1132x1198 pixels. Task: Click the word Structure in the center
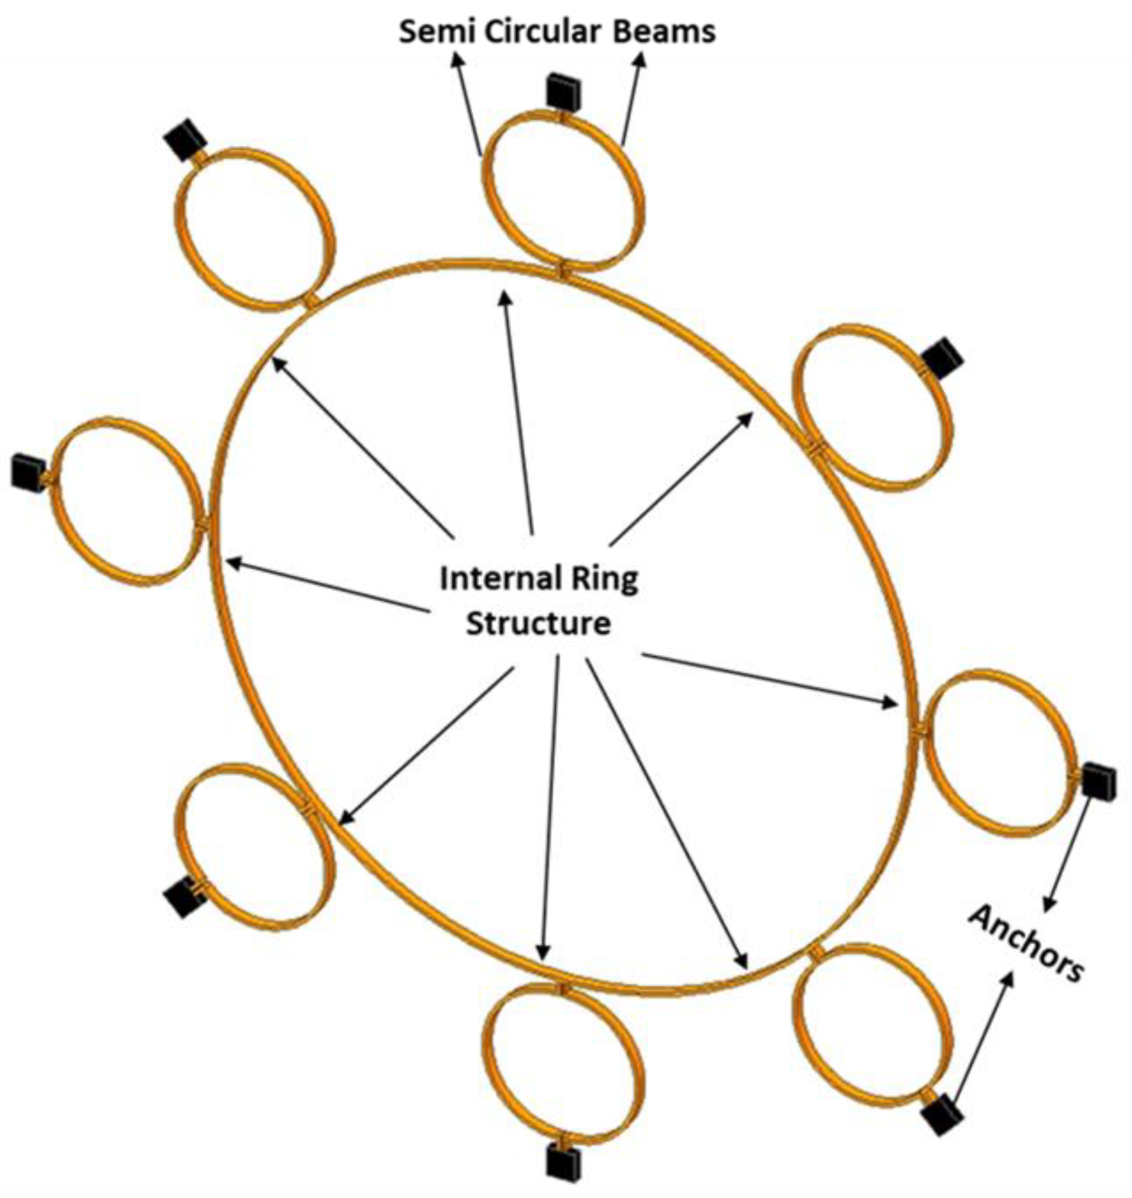(x=538, y=623)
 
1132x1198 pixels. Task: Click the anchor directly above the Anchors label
(x=1094, y=780)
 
